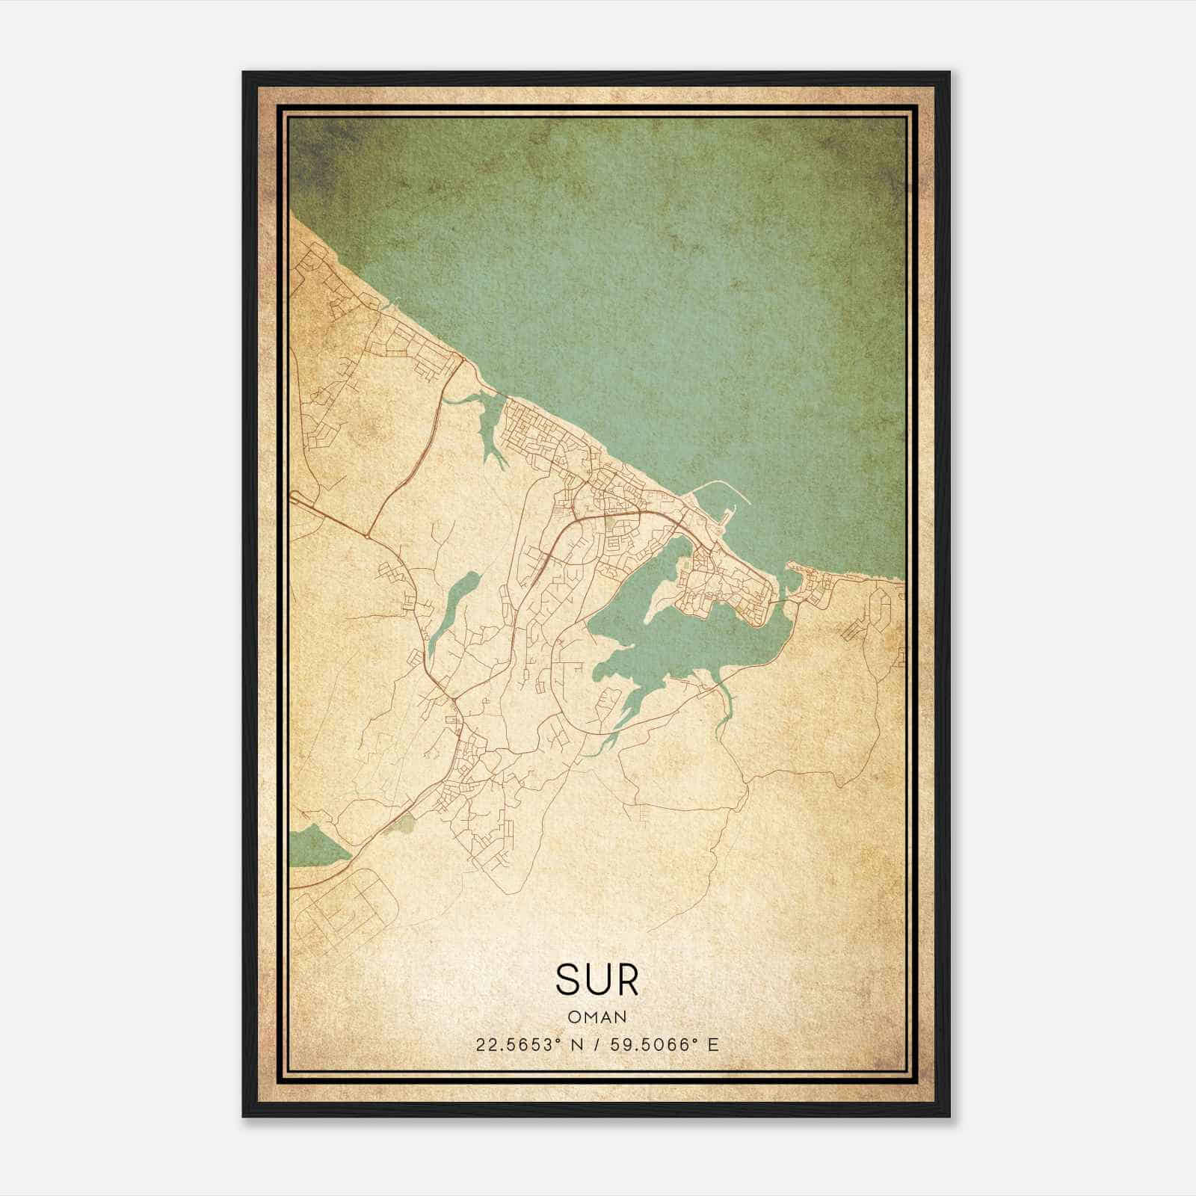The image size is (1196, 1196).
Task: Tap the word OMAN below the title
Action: [x=597, y=1017]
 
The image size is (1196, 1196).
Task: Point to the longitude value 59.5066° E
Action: [x=665, y=1044]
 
